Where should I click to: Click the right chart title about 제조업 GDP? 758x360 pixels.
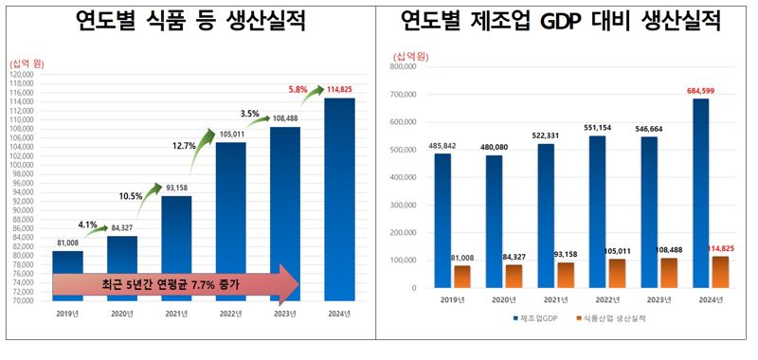pyautogui.click(x=568, y=21)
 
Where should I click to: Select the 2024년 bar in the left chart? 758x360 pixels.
pyautogui.click(x=339, y=199)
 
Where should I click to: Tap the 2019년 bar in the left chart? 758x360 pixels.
pyautogui.click(x=67, y=275)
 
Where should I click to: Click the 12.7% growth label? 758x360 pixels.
pyautogui.click(x=186, y=146)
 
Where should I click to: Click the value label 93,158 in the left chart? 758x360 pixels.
pyautogui.click(x=176, y=188)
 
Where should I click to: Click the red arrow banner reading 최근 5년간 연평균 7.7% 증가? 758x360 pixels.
pyautogui.click(x=175, y=283)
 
